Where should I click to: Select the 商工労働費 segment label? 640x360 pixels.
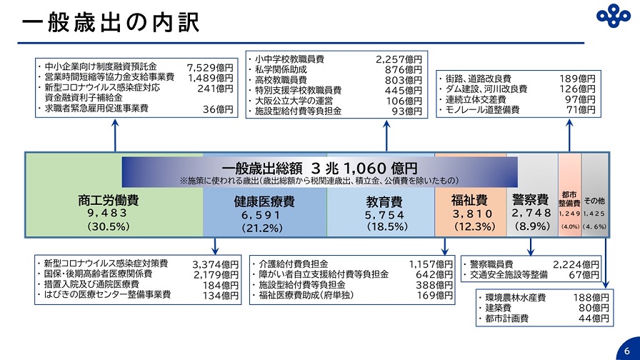pos(108,199)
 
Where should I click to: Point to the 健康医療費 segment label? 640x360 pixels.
pos(264,202)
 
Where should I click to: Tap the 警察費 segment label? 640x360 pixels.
pos(530,199)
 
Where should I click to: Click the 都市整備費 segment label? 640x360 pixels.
pos(569,199)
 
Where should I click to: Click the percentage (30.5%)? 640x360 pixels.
pos(108,226)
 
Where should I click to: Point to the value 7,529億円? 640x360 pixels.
pos(210,67)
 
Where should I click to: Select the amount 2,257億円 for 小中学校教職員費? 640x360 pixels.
pos(399,59)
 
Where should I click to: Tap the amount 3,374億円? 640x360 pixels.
pos(216,264)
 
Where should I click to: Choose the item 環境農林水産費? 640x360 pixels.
pos(515,297)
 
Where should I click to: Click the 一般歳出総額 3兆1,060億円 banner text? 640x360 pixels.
pos(319,169)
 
